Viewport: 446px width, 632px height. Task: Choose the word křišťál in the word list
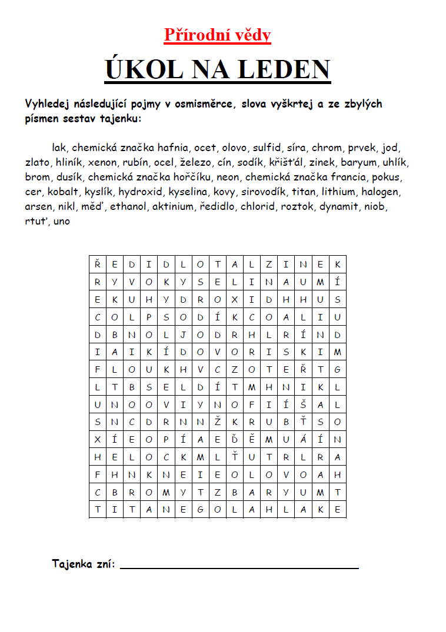pos(287,162)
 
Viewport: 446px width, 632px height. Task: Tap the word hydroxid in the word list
pos(140,192)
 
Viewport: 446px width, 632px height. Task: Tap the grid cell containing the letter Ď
pos(235,439)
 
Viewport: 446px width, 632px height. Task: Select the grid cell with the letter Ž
pos(218,422)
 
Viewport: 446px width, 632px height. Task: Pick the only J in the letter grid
pos(184,335)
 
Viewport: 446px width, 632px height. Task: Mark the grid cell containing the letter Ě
pos(252,439)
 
